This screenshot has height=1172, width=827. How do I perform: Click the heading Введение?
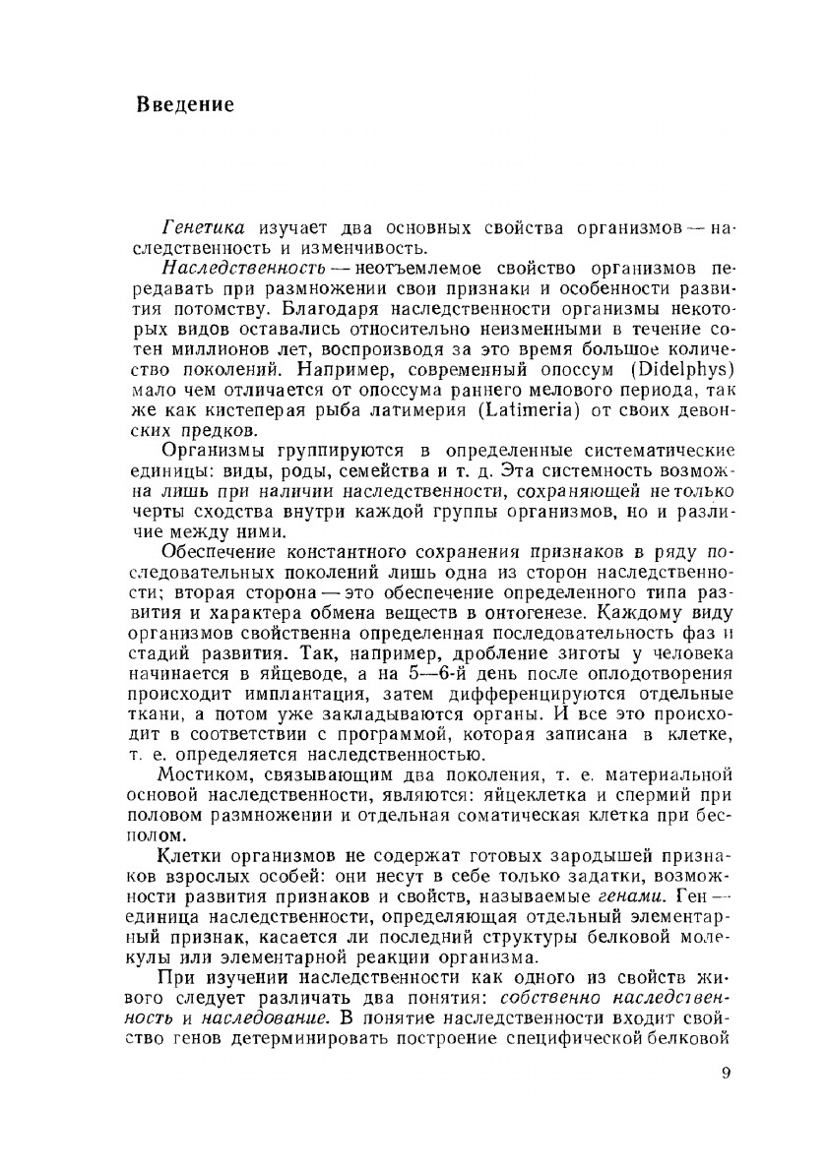185,105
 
